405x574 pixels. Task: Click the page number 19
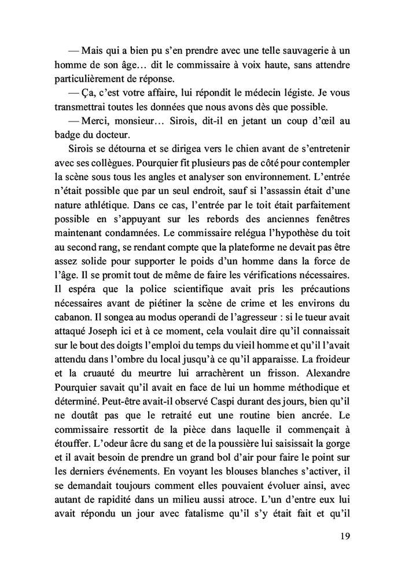click(345, 536)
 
